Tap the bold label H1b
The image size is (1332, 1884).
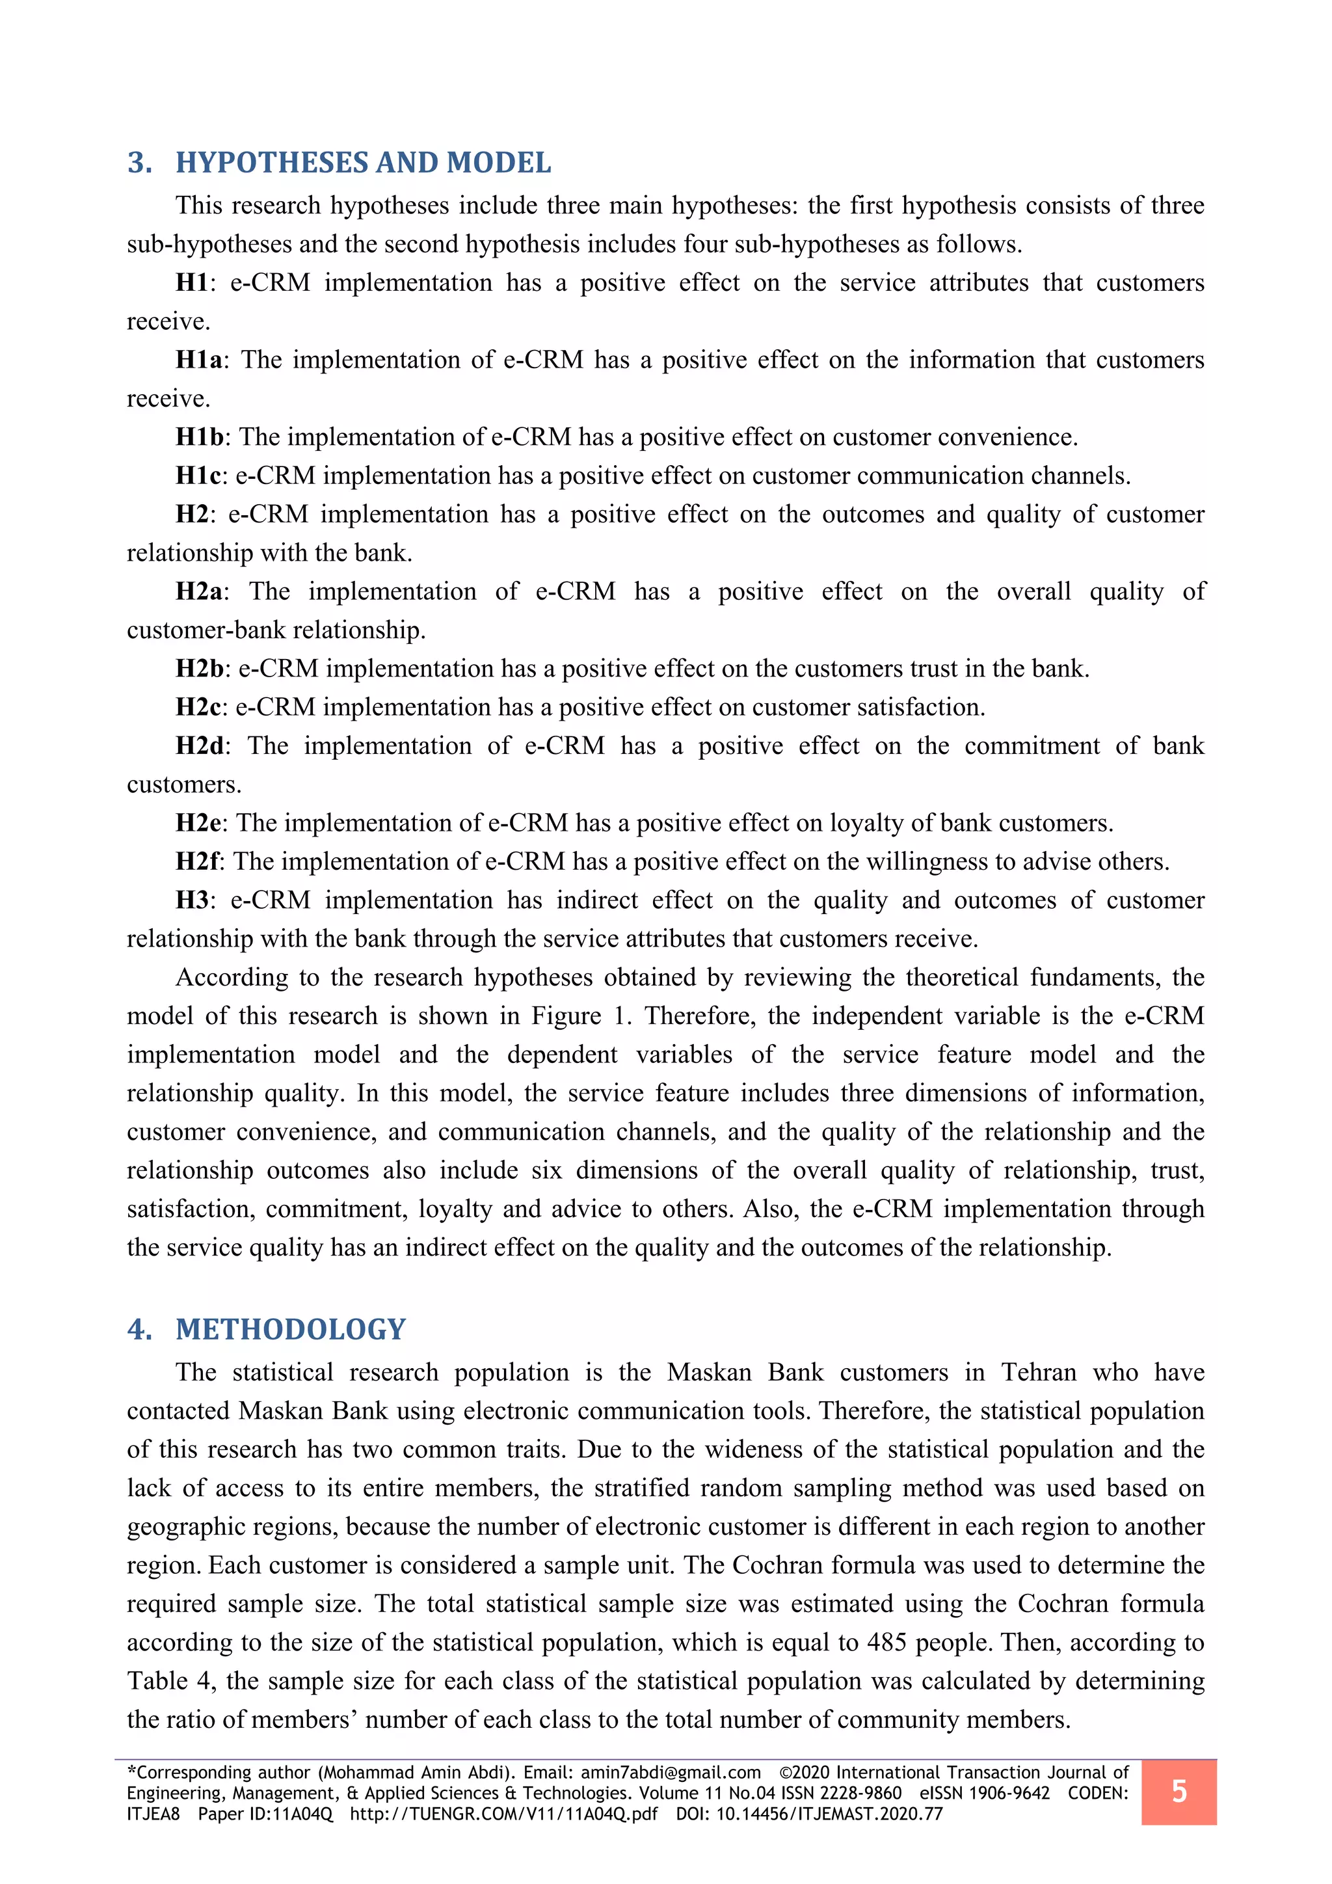click(x=199, y=437)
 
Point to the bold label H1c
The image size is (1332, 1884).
click(x=198, y=475)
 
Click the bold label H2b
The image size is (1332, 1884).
click(x=199, y=668)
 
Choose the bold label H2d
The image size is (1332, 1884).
click(x=199, y=745)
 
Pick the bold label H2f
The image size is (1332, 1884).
click(x=197, y=861)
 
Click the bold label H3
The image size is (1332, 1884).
click(x=192, y=899)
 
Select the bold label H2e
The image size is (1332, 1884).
click(x=198, y=822)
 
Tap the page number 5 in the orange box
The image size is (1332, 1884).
click(x=1179, y=1791)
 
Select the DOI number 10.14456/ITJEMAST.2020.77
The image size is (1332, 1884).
click(x=829, y=1814)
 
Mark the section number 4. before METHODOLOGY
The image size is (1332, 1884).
click(x=139, y=1329)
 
